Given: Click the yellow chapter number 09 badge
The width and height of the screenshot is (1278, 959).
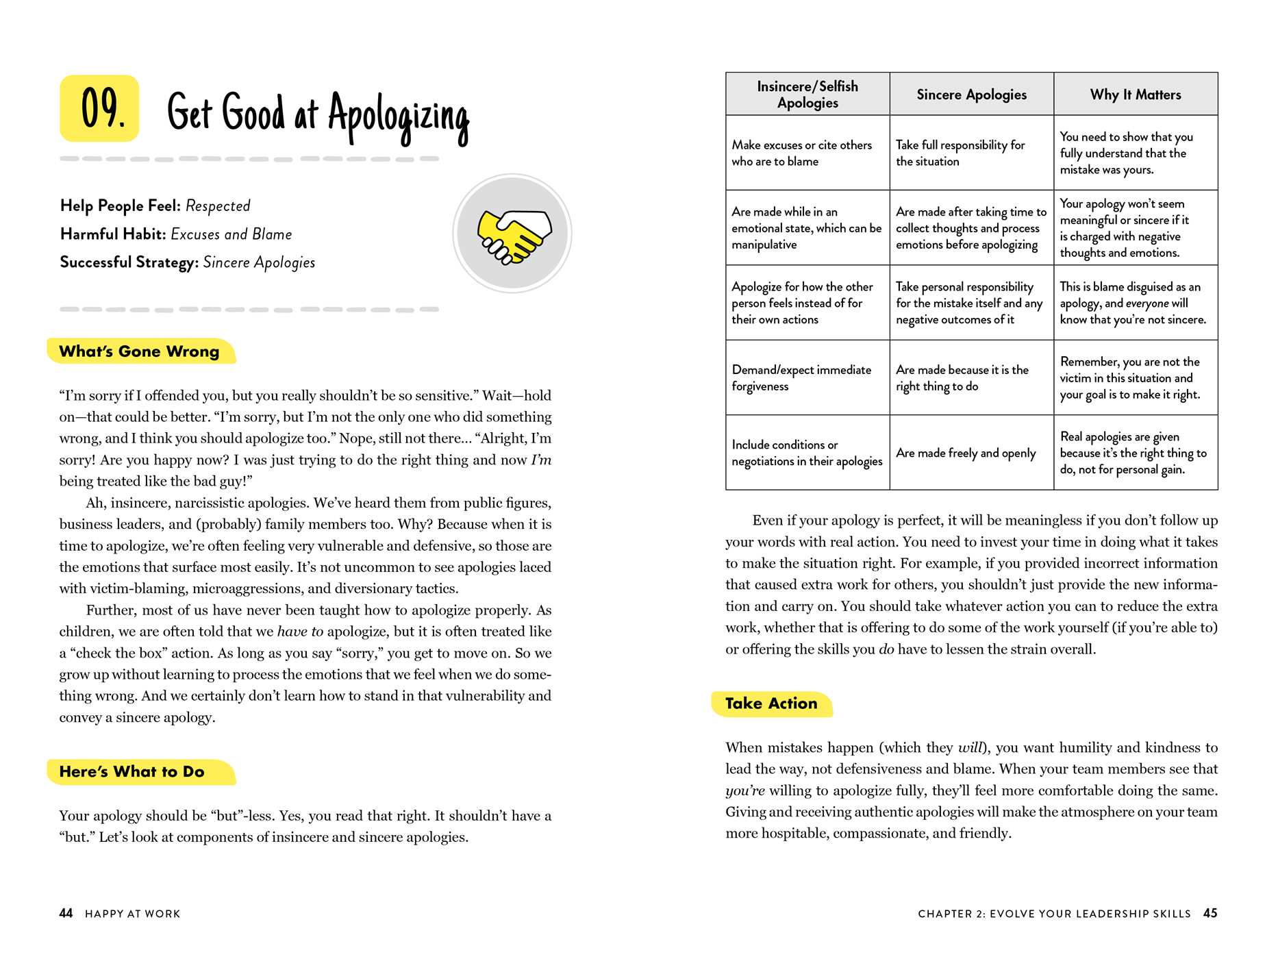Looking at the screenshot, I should tap(100, 108).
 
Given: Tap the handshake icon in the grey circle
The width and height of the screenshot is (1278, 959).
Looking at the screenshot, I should tap(513, 234).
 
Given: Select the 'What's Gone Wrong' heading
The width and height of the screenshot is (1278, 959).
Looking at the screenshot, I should tap(140, 351).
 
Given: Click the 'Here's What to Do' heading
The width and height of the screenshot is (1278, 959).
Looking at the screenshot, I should tap(132, 772).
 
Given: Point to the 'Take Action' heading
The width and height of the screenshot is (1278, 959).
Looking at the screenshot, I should tap(771, 703).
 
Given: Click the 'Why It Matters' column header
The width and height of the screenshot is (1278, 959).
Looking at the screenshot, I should tap(1136, 95).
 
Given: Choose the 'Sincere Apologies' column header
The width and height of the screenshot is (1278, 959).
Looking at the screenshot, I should tap(971, 95).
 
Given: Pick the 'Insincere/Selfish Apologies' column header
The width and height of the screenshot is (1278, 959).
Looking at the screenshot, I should tap(807, 95).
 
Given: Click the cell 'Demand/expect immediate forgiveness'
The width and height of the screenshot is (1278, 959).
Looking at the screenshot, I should tap(801, 378).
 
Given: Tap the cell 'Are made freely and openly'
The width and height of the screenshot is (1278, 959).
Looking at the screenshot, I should tap(966, 453).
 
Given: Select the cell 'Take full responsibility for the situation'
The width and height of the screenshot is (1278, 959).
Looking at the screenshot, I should tap(960, 153).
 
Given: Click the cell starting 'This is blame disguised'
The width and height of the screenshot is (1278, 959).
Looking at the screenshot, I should tap(1133, 303).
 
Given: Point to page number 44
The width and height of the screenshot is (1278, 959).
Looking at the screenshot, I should tap(66, 913).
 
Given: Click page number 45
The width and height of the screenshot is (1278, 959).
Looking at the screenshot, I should tap(1210, 913).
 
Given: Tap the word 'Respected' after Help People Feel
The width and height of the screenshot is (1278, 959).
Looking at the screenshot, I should tap(218, 206).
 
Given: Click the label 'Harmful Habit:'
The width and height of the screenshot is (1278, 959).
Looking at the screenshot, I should tap(113, 234).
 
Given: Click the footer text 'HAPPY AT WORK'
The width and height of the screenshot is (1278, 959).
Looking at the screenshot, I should tap(133, 914).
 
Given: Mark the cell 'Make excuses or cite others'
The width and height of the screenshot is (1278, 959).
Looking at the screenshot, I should tap(801, 153).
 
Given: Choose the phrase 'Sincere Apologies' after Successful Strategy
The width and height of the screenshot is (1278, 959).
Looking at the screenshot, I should tap(259, 262).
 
